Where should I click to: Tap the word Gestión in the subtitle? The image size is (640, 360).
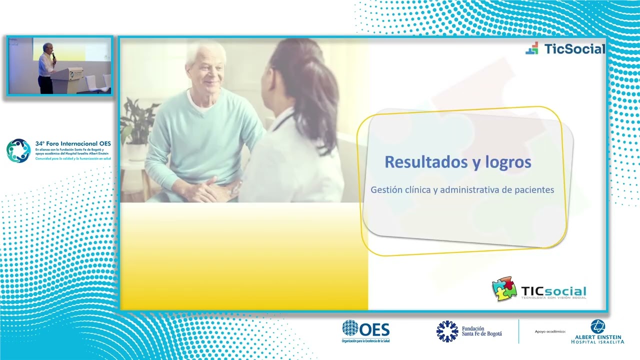coord(386,190)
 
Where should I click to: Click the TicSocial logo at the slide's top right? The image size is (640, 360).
coord(565,48)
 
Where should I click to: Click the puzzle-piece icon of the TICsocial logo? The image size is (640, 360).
coord(504,289)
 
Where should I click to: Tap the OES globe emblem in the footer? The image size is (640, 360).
coord(350,328)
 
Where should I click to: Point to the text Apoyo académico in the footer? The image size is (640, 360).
coord(550,331)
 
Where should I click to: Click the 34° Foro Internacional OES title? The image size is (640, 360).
coord(73,143)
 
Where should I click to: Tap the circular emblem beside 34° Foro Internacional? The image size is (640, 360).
coord(18,150)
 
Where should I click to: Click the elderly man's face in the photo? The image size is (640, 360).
coord(205,70)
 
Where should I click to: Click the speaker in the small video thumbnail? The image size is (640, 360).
coord(46,67)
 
